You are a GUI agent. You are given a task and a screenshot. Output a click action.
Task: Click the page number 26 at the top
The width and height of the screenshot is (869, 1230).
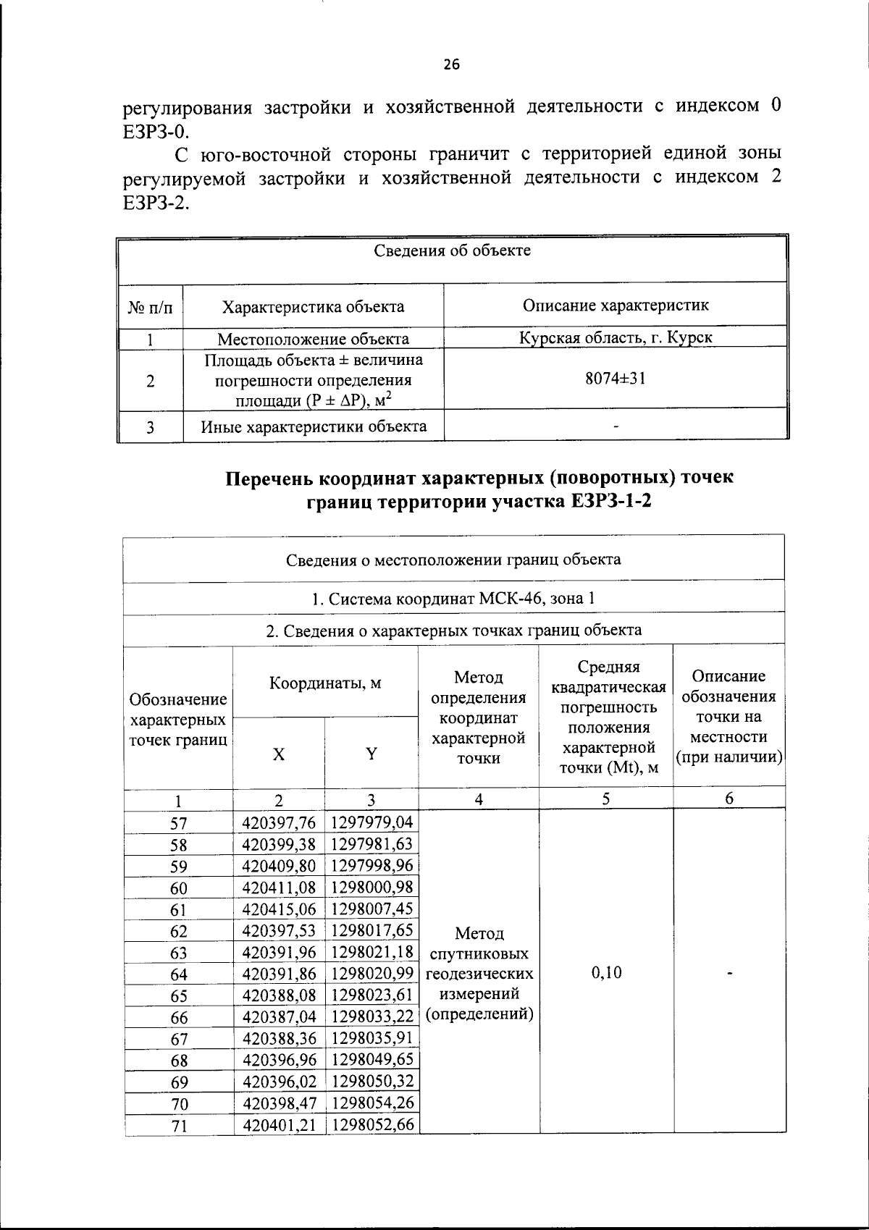pyautogui.click(x=451, y=65)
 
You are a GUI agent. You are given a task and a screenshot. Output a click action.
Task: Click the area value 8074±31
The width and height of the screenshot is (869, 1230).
pyautogui.click(x=616, y=378)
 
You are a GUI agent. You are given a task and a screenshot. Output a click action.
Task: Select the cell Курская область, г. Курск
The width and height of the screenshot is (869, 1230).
pyautogui.click(x=616, y=337)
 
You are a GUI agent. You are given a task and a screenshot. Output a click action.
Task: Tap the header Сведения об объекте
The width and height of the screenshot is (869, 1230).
pyautogui.click(x=452, y=250)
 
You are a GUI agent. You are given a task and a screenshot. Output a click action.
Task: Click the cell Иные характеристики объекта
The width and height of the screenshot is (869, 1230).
pyautogui.click(x=314, y=426)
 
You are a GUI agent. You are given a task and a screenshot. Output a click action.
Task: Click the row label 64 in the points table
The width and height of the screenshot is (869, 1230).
pyautogui.click(x=178, y=975)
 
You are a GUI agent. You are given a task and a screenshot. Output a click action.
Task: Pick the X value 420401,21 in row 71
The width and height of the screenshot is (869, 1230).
pyautogui.click(x=279, y=1124)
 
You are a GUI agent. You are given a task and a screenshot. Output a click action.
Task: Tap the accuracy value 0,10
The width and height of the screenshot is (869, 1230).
pyautogui.click(x=606, y=972)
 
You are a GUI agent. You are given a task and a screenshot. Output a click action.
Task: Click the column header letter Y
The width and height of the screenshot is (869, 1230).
pyautogui.click(x=371, y=754)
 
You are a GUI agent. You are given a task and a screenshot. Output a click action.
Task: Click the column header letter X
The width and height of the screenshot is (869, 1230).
pyautogui.click(x=279, y=754)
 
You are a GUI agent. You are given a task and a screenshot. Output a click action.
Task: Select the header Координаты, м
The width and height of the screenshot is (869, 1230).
pyautogui.click(x=325, y=683)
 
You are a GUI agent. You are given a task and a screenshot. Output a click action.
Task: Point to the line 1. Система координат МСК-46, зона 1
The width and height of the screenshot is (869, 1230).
pyautogui.click(x=453, y=599)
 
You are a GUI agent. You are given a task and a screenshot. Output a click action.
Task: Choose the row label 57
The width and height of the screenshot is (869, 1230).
pyautogui.click(x=178, y=823)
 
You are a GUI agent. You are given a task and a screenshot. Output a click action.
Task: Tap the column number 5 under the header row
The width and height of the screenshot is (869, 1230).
pyautogui.click(x=605, y=799)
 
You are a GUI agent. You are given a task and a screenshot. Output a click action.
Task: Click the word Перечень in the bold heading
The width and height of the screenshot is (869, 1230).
pyautogui.click(x=270, y=479)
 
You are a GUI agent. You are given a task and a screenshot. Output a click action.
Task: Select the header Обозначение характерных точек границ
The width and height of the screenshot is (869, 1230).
pyautogui.click(x=178, y=720)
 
